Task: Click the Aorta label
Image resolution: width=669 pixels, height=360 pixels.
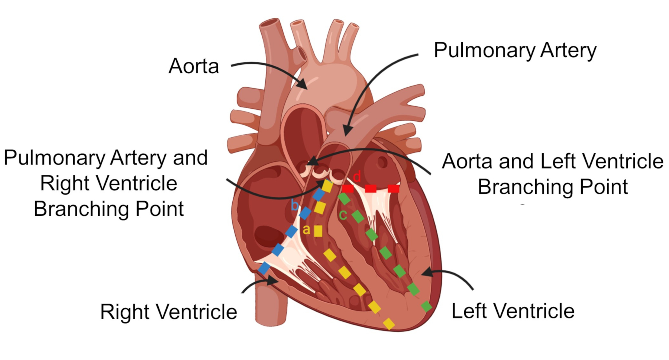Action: (x=194, y=66)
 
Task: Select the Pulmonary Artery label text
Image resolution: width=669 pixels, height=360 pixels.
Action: (x=515, y=50)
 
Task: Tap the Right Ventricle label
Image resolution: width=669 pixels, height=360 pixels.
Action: (x=168, y=312)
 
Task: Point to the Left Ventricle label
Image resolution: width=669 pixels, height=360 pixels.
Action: (x=513, y=311)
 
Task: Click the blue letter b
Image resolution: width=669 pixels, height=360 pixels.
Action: (x=294, y=205)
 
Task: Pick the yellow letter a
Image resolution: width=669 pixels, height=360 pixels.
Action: (x=306, y=230)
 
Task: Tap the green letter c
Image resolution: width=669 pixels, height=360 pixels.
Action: (x=343, y=215)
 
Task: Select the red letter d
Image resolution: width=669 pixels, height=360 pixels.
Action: (x=357, y=176)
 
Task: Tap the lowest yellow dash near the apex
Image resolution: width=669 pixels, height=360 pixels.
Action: (x=389, y=324)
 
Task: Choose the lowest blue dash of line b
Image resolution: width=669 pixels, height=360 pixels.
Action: (x=264, y=268)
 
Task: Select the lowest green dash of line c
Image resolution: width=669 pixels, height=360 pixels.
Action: (x=427, y=306)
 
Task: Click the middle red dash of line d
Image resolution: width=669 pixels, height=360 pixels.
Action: (x=371, y=189)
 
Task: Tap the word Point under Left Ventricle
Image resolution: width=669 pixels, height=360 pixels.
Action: (x=605, y=187)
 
